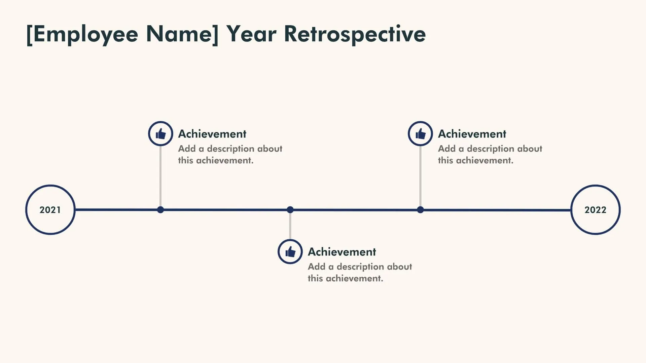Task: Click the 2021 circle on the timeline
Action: click(50, 210)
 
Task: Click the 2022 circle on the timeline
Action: click(595, 210)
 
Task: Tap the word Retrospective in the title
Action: click(355, 34)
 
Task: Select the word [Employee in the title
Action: click(82, 34)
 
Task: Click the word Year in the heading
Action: click(251, 34)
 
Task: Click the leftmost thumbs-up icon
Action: click(160, 134)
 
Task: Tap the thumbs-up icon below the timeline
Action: click(290, 252)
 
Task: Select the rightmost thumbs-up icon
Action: click(420, 134)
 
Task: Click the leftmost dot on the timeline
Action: click(160, 210)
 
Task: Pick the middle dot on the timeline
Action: click(290, 210)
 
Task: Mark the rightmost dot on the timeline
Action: click(420, 210)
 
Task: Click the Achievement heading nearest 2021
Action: click(212, 134)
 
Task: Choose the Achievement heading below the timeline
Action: click(342, 252)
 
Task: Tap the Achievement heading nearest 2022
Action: click(472, 134)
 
